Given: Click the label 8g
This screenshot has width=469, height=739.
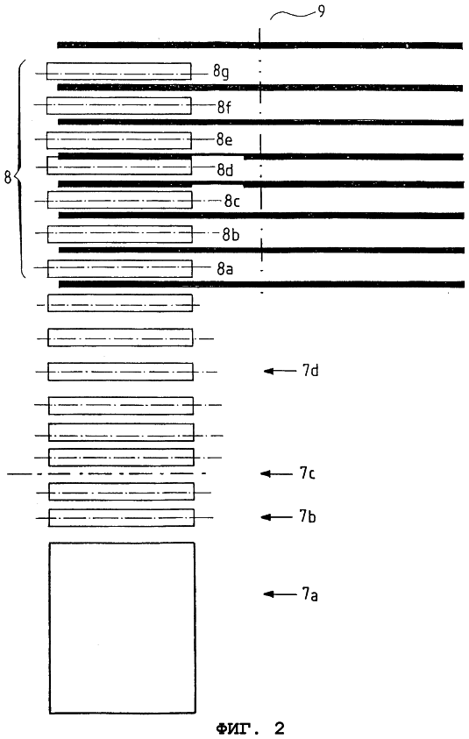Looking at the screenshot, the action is (221, 72).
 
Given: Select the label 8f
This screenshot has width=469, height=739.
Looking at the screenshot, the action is (224, 107).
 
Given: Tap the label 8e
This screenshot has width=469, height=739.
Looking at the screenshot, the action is (224, 139).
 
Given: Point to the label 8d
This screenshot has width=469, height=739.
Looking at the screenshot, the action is (224, 170).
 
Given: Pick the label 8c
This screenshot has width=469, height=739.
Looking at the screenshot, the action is (232, 202).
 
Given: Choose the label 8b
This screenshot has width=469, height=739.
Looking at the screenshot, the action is (231, 234).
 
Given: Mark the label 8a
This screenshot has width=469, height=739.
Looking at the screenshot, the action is (224, 268).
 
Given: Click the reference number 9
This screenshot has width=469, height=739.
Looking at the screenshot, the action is (321, 11).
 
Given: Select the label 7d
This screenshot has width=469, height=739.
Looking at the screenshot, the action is (310, 371).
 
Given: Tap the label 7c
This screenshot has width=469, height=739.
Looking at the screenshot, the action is (308, 473).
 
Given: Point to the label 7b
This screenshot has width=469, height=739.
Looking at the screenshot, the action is (308, 516).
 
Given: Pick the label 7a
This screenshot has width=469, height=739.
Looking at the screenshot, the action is (309, 593).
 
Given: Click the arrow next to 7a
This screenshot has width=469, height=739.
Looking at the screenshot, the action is (280, 593).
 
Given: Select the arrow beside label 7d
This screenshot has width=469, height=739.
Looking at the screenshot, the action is (280, 371).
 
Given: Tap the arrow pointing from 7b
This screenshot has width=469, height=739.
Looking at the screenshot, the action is (277, 517).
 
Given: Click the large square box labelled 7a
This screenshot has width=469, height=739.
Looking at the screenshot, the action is (122, 628).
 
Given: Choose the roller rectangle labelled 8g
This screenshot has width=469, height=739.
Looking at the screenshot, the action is (118, 71).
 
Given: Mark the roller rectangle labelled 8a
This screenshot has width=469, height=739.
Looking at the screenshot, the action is (120, 268).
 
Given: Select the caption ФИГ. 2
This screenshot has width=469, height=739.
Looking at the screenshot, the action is (251, 728).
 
